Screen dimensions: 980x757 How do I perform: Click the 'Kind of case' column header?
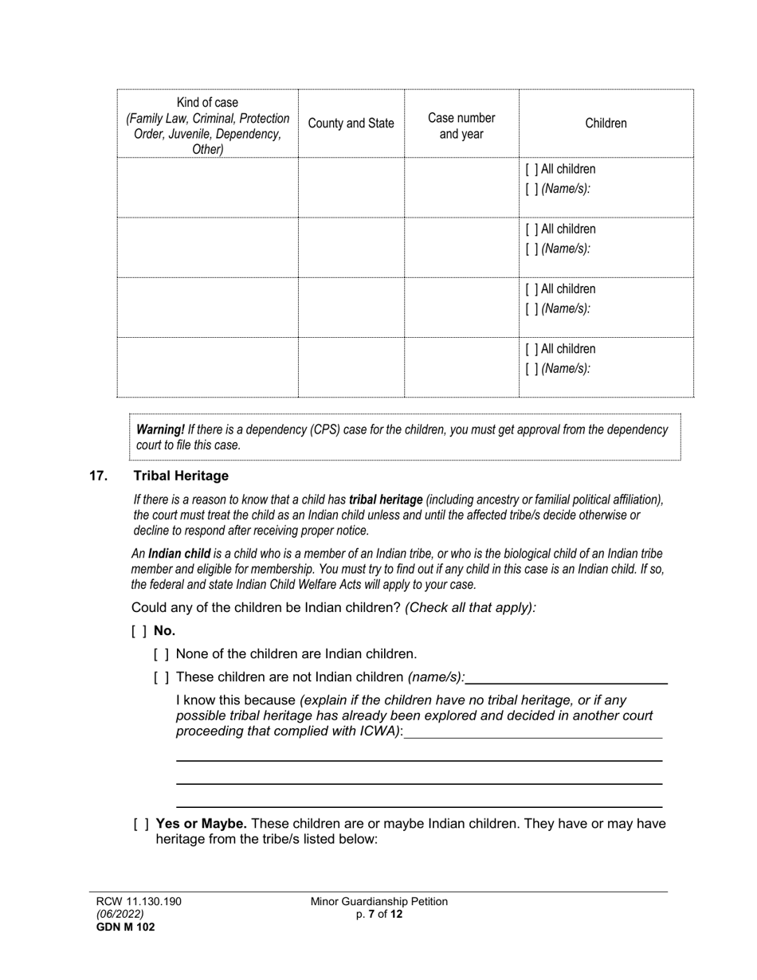207,103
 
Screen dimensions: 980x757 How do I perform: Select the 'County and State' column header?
351,123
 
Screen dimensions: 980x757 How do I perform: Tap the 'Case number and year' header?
461,126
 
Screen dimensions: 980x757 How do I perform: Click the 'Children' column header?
606,123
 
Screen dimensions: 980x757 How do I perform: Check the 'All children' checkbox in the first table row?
531,170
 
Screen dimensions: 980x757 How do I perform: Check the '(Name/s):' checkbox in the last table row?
531,369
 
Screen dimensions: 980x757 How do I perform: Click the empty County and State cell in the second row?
351,247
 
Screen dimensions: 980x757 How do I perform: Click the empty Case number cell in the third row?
461,307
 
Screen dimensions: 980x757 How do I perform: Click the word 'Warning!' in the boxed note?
160,429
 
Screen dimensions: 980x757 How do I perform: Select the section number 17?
98,476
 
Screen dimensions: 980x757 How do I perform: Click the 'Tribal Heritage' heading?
181,476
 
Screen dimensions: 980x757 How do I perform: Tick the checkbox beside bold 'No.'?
139,631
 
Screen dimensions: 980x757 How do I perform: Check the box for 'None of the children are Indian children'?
161,655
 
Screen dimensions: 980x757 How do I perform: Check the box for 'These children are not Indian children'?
161,678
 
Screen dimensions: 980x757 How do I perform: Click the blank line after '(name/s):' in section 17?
566,678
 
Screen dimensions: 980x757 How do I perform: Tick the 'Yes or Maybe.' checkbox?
141,824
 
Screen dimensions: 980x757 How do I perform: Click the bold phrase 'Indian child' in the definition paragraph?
179,554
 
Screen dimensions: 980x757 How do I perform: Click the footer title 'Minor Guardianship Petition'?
378,901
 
